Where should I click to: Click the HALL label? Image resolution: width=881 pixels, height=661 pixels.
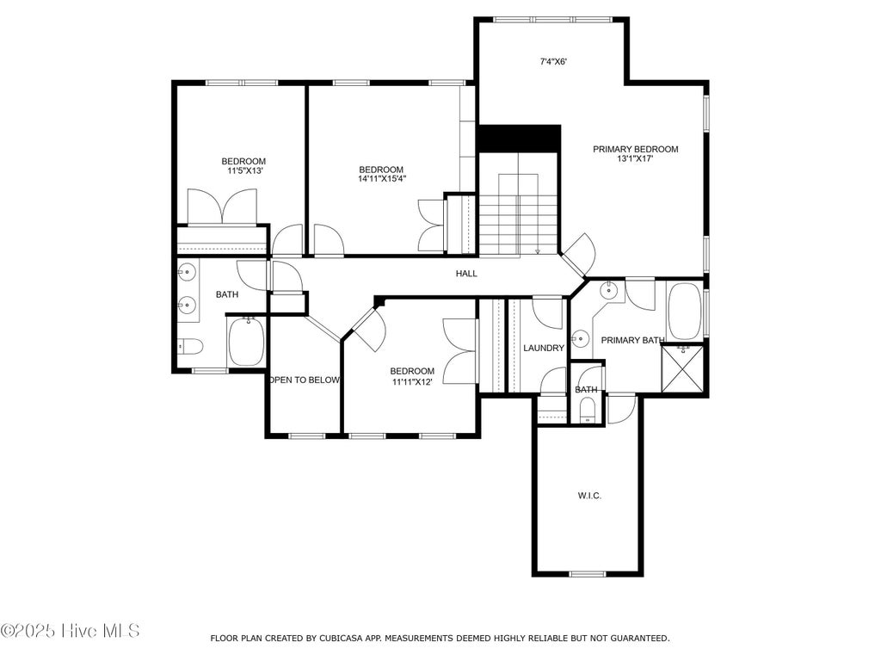coord(466,274)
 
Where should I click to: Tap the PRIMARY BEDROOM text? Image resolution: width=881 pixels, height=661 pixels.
coord(636,149)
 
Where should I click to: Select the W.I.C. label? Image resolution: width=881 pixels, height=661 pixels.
coord(589,496)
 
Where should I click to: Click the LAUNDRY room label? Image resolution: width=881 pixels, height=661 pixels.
coord(544,348)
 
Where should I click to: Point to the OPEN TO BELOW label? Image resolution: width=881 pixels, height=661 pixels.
coord(305,380)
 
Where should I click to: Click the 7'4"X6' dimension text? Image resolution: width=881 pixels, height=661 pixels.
coord(553,62)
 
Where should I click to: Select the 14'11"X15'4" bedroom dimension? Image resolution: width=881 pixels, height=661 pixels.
coord(382,179)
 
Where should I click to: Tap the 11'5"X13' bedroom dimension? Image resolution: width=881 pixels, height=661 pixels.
coord(243,170)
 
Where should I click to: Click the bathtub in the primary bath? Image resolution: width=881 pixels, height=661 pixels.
coord(685,312)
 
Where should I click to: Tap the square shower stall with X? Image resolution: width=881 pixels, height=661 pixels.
coord(682,369)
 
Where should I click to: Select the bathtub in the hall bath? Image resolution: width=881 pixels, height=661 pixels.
coord(245,341)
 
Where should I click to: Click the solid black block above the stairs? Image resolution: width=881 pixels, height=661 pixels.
coord(519,139)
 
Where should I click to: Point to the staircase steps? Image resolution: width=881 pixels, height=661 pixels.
coord(518,214)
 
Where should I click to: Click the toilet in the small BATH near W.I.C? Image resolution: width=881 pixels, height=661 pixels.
coord(587,409)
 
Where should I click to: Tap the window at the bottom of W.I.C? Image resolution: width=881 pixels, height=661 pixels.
coord(588,574)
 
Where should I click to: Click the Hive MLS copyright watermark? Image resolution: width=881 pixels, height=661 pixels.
coord(70,631)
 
